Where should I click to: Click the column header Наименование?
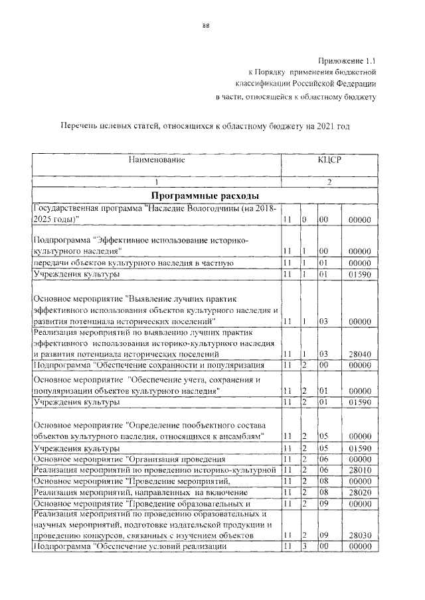click(157, 160)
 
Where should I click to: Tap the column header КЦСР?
click(329, 160)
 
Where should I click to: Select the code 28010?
click(359, 469)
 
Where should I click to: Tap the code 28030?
click(359, 534)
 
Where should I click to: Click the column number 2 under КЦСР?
click(329, 182)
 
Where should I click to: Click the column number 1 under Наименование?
click(157, 182)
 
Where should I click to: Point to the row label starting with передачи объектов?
click(132, 263)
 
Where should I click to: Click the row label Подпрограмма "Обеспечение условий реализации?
click(126, 546)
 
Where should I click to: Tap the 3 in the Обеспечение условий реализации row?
click(303, 546)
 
